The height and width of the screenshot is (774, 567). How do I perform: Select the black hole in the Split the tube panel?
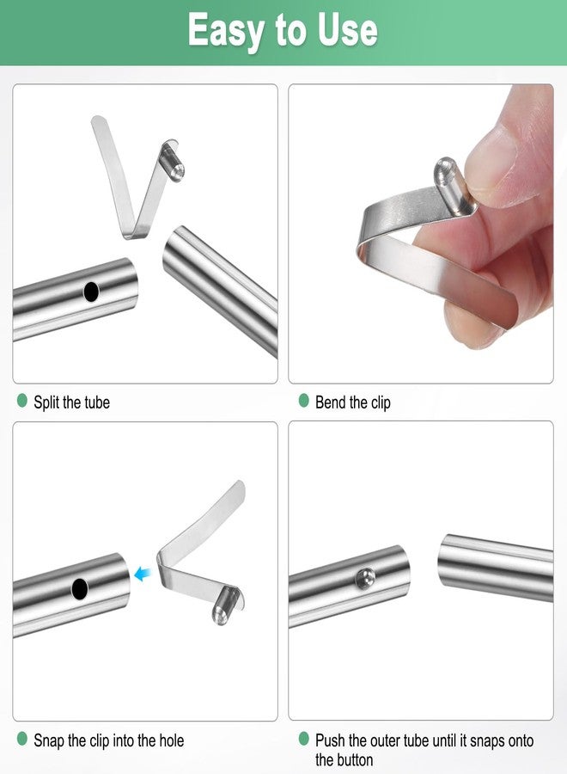tap(91, 292)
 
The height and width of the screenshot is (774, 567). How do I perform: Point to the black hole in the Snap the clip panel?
tap(80, 589)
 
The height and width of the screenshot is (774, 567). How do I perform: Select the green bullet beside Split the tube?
tap(22, 401)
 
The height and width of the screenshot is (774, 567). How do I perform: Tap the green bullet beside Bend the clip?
tap(303, 401)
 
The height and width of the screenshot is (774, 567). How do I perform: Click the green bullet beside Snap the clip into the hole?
tap(22, 739)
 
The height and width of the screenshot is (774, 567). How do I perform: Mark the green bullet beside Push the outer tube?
tap(303, 739)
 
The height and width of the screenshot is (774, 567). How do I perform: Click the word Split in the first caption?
tap(47, 402)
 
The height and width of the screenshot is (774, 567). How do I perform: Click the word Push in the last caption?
tap(331, 740)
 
